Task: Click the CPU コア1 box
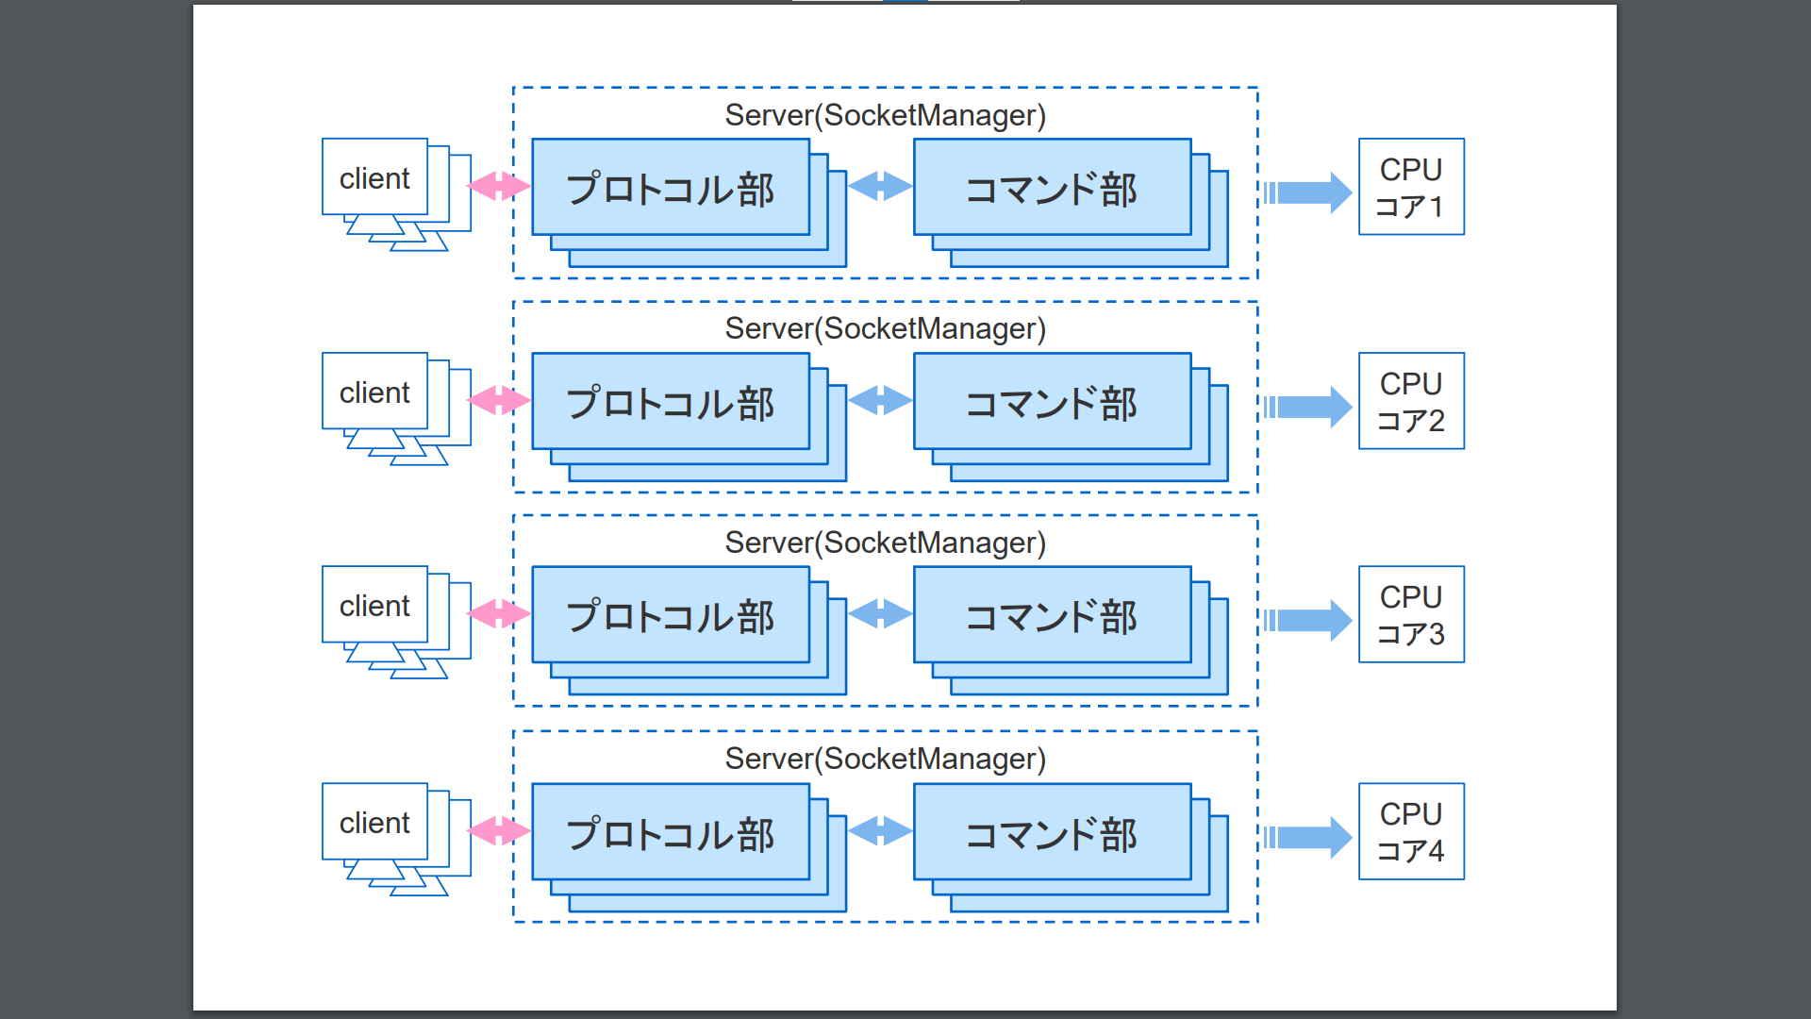(x=1411, y=187)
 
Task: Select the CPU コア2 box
(x=1411, y=401)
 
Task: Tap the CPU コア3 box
(x=1411, y=614)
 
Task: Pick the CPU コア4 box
(x=1411, y=831)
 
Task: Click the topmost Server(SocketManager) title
(x=885, y=115)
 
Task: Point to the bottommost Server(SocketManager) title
(x=885, y=759)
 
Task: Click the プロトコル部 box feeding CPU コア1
(x=671, y=189)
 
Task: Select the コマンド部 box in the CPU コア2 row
(x=1052, y=403)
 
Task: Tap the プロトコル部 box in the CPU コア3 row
(x=671, y=616)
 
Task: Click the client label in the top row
(x=374, y=178)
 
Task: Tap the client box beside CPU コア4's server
(x=374, y=823)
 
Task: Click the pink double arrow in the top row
(x=499, y=186)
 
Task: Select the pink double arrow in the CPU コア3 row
(x=499, y=614)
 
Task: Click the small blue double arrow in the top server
(x=880, y=186)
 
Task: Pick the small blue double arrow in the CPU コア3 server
(x=880, y=614)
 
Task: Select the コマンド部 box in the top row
(x=1052, y=189)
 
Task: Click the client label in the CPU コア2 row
(x=374, y=393)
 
